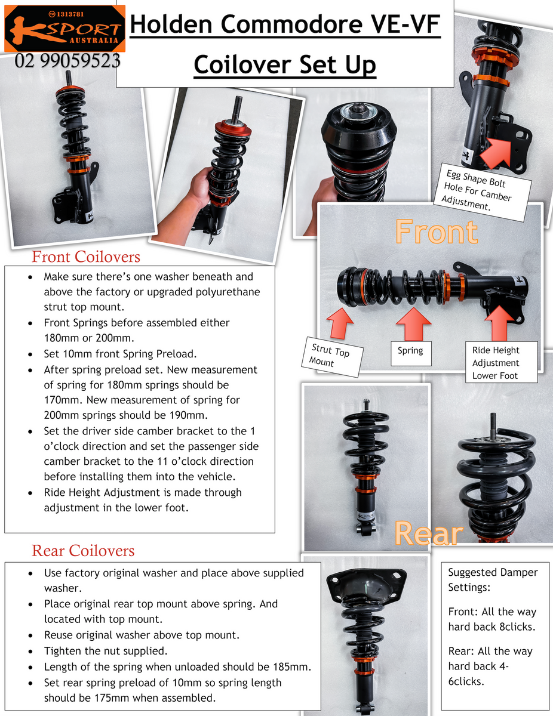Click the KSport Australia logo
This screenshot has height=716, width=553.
(x=64, y=29)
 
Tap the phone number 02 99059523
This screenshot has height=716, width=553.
(x=67, y=61)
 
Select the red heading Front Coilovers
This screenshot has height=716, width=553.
(x=86, y=257)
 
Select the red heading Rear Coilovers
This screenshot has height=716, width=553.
(x=83, y=551)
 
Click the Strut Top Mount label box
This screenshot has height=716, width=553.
(x=332, y=357)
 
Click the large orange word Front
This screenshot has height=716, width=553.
(x=437, y=232)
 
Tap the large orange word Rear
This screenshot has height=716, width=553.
(x=429, y=534)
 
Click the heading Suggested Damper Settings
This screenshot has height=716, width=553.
(x=493, y=579)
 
